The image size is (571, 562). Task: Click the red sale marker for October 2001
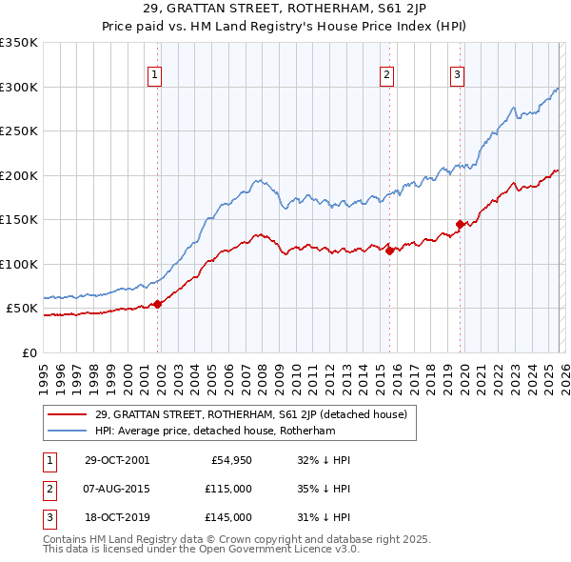(x=158, y=304)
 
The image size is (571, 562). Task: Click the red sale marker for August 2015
(x=389, y=251)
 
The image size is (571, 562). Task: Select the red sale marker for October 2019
(x=460, y=225)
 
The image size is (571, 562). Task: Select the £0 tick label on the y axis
(x=29, y=352)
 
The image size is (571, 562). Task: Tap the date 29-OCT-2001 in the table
(x=117, y=459)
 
